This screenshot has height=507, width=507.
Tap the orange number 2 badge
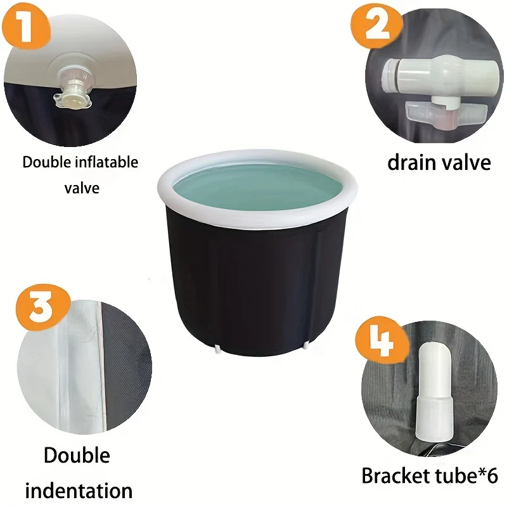(376, 25)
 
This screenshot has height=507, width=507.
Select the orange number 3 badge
(42, 307)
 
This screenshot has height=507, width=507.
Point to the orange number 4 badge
(382, 341)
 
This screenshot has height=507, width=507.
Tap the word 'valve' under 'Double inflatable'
(82, 188)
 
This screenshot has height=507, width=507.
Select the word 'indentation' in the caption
(79, 491)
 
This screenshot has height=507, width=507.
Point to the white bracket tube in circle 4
(433, 392)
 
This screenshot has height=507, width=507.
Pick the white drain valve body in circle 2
(441, 77)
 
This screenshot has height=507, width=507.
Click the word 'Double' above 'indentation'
(77, 456)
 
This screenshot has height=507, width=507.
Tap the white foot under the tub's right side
(305, 345)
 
